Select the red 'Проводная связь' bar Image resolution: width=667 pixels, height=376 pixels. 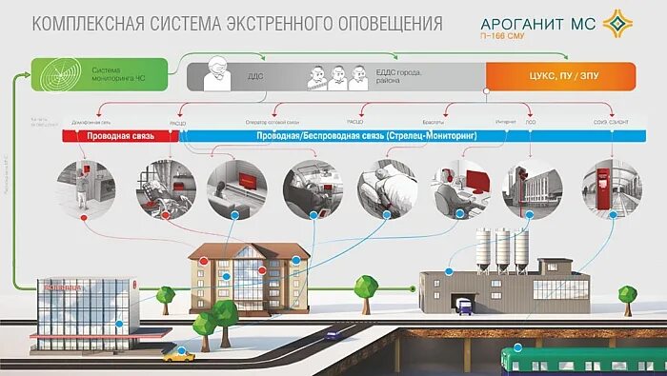(118, 136)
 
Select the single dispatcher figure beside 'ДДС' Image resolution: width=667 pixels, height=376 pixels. (219, 74)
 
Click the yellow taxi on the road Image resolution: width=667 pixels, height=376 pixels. (179, 355)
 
